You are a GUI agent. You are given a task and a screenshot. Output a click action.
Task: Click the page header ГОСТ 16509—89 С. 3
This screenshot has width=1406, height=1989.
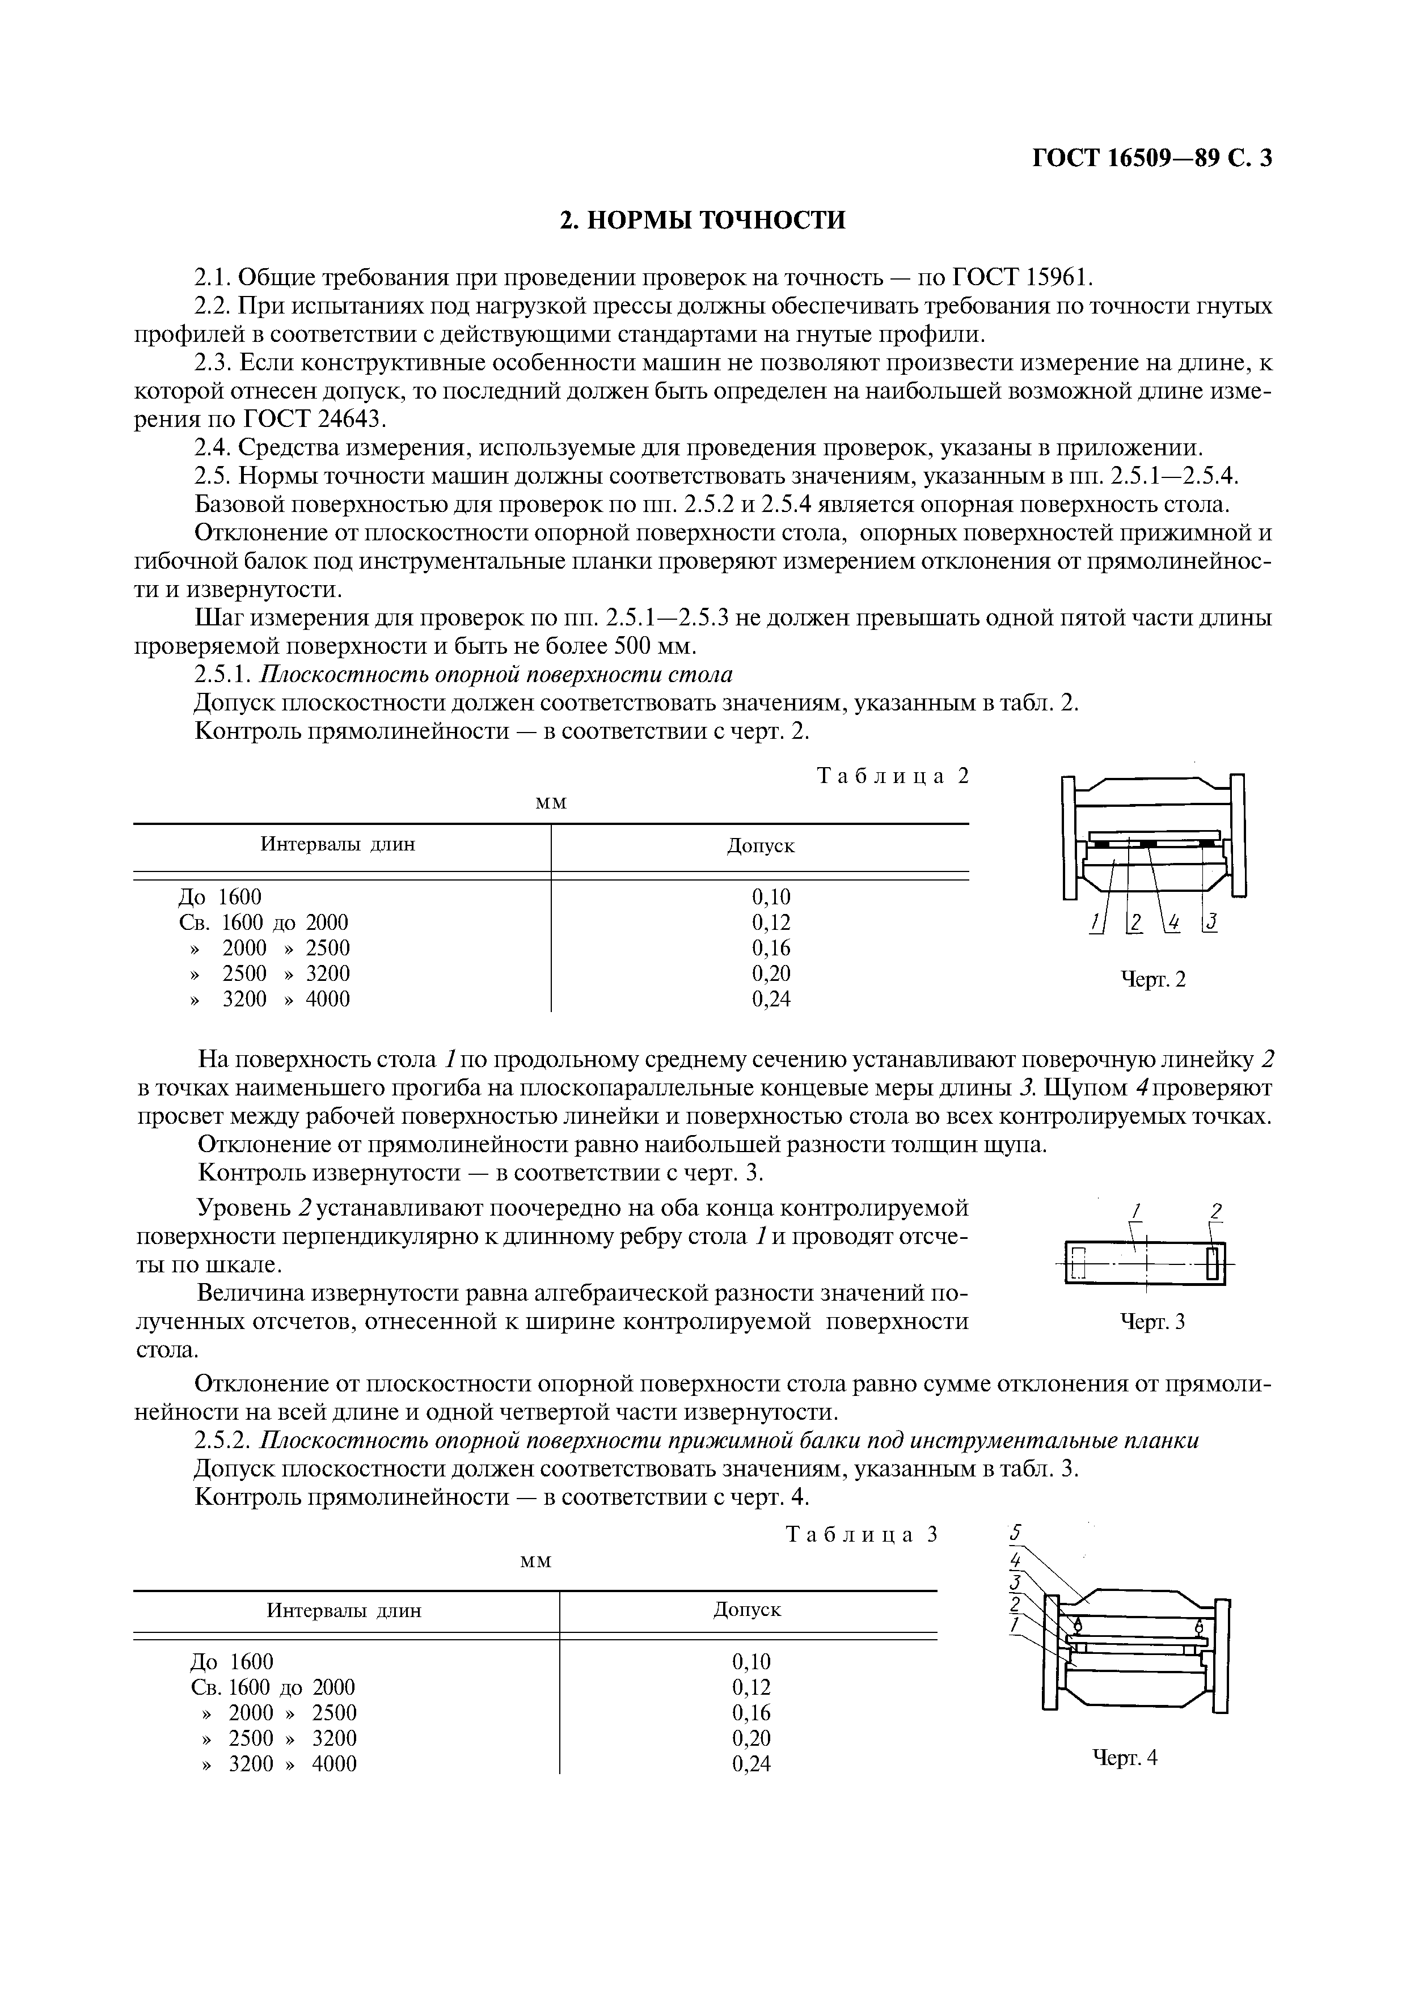[1151, 159]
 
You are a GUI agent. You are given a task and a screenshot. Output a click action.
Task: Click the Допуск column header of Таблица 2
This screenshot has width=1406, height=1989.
[760, 845]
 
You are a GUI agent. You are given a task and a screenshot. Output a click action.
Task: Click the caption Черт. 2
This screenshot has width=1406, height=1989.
[1153, 980]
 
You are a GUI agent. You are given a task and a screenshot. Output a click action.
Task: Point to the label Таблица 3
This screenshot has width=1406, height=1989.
[861, 1534]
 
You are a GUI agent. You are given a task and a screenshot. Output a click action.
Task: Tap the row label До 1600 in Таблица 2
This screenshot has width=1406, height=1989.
[219, 896]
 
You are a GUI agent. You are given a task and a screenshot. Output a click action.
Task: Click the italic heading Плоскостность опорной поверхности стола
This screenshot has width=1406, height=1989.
[497, 674]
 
